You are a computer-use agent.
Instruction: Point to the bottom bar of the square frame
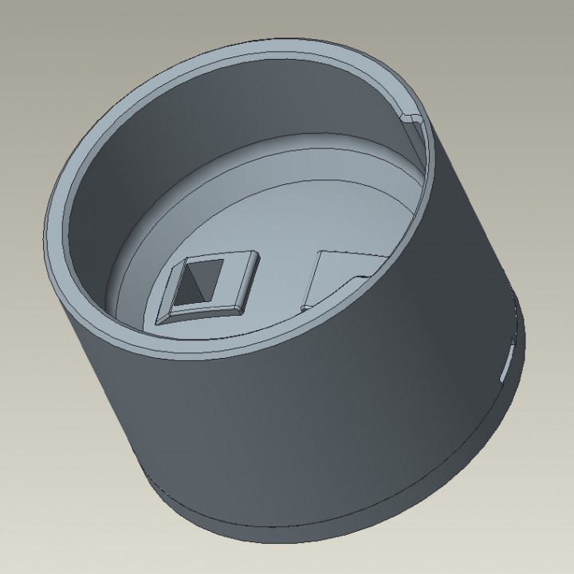(199, 313)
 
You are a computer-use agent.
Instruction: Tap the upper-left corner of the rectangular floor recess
(320, 254)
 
